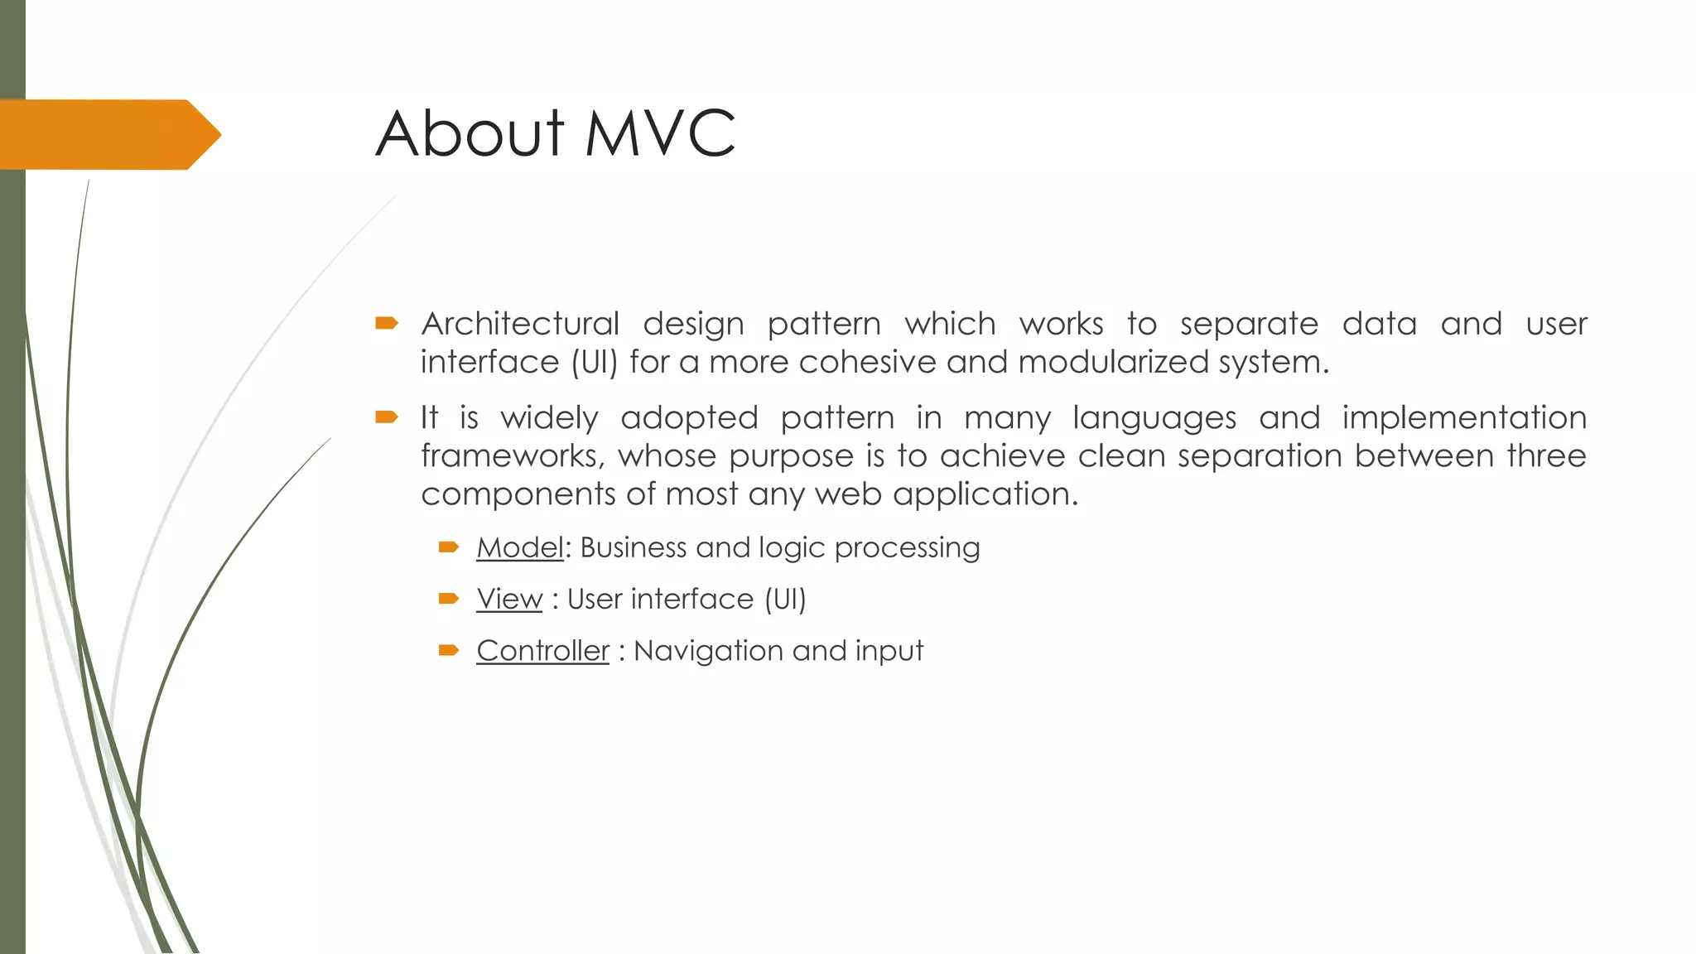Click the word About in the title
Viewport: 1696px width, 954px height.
[470, 134]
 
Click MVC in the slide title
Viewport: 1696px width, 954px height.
[660, 134]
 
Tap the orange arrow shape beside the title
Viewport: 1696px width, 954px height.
[108, 135]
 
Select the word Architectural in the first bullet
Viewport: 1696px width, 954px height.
[520, 324]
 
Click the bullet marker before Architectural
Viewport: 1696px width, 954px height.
[387, 323]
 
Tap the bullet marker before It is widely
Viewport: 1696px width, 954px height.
[387, 417]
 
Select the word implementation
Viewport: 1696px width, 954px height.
[1463, 417]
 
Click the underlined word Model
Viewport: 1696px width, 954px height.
[520, 548]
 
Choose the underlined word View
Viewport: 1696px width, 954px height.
[509, 600]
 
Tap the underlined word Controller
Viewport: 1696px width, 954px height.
[542, 651]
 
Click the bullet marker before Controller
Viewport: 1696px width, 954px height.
[449, 651]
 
